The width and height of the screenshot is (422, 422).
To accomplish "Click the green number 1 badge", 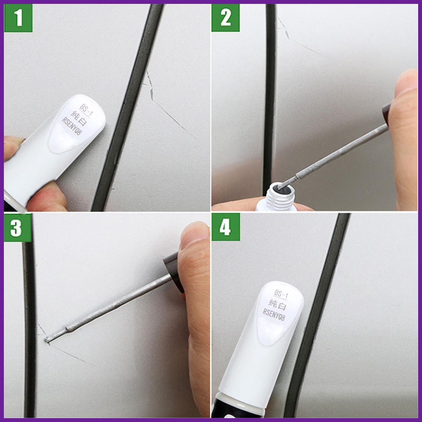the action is tap(18, 18).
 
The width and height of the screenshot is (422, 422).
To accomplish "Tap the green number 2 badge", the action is tap(225, 18).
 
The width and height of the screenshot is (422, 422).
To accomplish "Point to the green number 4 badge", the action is tap(225, 227).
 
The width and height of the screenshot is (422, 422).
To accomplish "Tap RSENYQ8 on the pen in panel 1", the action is tap(72, 126).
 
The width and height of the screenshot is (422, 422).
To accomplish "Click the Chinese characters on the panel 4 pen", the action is tap(277, 305).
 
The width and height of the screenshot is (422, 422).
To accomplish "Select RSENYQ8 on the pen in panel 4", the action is tap(274, 315).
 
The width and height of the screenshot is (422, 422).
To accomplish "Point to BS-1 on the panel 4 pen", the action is tap(281, 294).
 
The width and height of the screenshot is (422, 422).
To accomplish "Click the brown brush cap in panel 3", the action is tap(173, 272).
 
